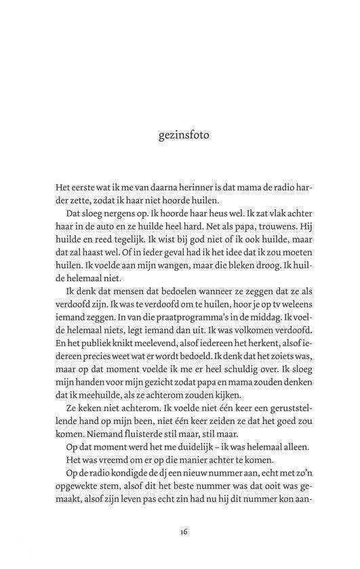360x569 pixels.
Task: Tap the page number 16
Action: tap(184, 532)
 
